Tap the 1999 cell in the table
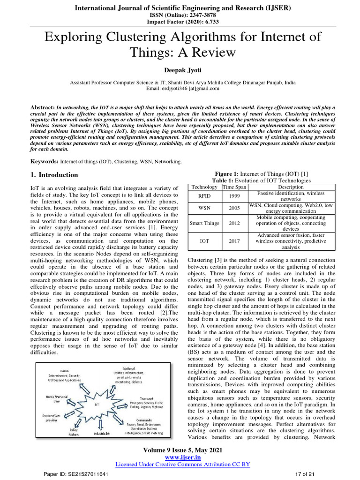pos(234,196)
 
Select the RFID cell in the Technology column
pos(204,196)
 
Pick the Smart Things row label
pos(204,223)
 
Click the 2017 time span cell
pos(234,241)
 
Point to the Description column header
pos(291,187)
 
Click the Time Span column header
pos(234,187)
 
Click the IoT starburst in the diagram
pos(97,403)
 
